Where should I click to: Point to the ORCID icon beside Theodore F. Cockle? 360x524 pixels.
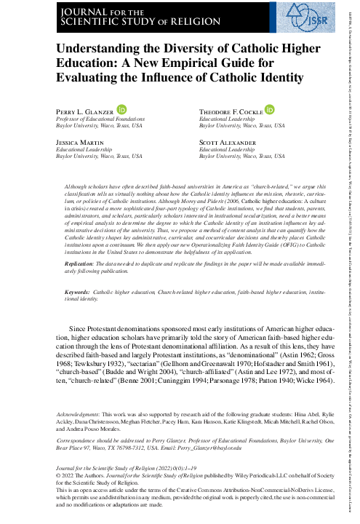(x=271, y=109)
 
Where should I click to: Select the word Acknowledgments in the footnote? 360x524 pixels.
(x=78, y=414)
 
